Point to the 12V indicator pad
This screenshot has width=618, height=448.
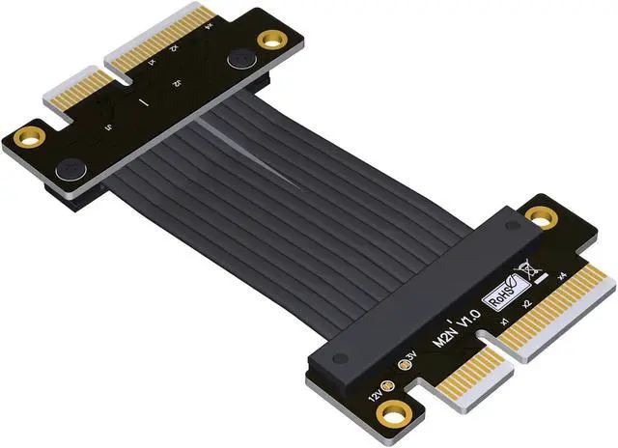pyautogui.click(x=385, y=386)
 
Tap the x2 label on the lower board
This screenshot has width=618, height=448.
pyautogui.click(x=529, y=303)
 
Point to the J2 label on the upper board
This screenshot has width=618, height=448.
pyautogui.click(x=180, y=84)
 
